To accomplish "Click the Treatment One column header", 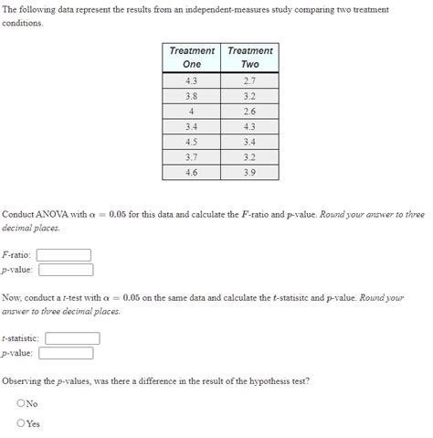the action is (x=191, y=57).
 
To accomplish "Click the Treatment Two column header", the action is (x=249, y=57).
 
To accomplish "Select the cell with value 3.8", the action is (x=191, y=95).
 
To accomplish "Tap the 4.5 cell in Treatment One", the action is (x=191, y=142).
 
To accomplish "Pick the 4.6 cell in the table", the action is (x=191, y=172).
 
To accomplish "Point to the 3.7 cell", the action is (x=191, y=157).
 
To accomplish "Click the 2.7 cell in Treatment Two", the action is (x=249, y=80).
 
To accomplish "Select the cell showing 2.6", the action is (x=249, y=111).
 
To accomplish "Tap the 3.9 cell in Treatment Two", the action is (x=249, y=172).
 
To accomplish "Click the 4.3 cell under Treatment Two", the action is (x=249, y=126).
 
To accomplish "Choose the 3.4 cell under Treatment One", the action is (x=191, y=126).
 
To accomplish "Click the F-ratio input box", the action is (x=64, y=255).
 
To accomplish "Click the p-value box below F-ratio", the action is (x=66, y=270).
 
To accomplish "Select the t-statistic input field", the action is (x=71, y=338).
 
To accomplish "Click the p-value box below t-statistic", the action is (x=66, y=353).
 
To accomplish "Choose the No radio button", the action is (x=21, y=403).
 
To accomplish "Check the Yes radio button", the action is (x=21, y=423).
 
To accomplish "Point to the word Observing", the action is (x=25, y=380).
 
